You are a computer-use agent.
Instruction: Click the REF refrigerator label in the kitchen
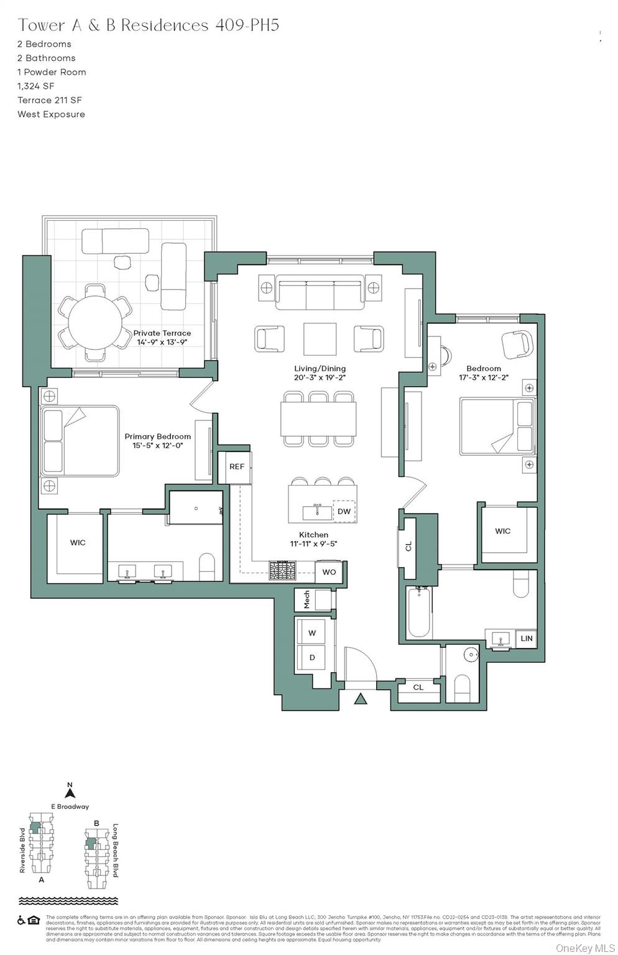pyautogui.click(x=236, y=466)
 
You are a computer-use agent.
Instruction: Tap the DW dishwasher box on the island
pyautogui.click(x=344, y=511)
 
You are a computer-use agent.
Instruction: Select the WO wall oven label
pyautogui.click(x=329, y=572)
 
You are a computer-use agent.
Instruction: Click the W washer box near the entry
pyautogui.click(x=312, y=633)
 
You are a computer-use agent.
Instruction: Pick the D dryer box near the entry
pyautogui.click(x=312, y=657)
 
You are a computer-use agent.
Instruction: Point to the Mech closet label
pyautogui.click(x=307, y=600)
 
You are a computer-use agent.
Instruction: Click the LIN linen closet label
pyautogui.click(x=526, y=639)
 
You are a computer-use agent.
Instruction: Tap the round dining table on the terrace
pyautogui.click(x=95, y=323)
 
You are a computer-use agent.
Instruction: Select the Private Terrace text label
pyautogui.click(x=162, y=333)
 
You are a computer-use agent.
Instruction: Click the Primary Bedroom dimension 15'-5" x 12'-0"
pyautogui.click(x=157, y=446)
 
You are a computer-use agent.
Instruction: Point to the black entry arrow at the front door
pyautogui.click(x=361, y=699)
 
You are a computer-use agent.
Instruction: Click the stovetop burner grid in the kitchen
pyautogui.click(x=282, y=571)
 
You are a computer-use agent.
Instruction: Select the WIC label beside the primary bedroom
pyautogui.click(x=78, y=543)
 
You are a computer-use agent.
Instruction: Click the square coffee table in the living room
pyautogui.click(x=320, y=339)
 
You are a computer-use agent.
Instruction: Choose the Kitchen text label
pyautogui.click(x=313, y=535)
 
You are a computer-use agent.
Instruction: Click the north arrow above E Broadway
pyautogui.click(x=70, y=792)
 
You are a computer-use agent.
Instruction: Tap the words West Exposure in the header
pyautogui.click(x=51, y=114)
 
